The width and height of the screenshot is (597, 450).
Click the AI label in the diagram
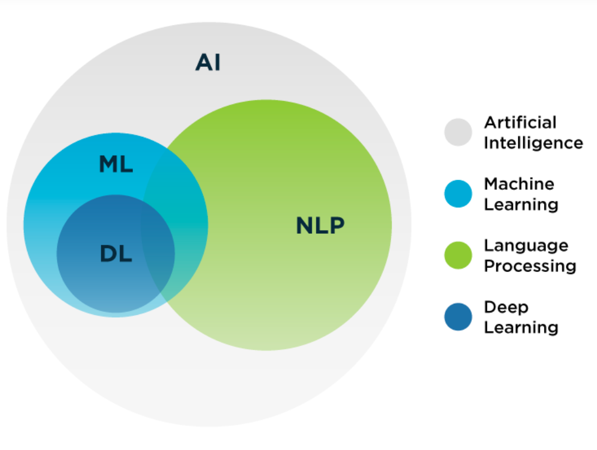[x=208, y=62]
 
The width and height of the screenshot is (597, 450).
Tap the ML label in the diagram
[x=116, y=165]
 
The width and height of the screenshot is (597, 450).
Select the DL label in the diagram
[x=116, y=254]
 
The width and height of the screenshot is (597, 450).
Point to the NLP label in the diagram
[x=320, y=225]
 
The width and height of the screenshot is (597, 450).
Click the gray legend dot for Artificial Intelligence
[x=458, y=132]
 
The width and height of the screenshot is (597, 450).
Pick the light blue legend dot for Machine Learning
[x=458, y=194]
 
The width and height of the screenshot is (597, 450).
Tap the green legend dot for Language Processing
[x=458, y=256]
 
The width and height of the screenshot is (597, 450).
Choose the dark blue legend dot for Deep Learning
[x=458, y=317]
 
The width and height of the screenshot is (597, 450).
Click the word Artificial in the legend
[x=520, y=122]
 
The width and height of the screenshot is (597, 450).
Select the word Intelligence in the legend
[x=533, y=143]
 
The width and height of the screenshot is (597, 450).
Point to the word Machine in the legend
[x=519, y=184]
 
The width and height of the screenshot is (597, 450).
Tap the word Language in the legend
[x=526, y=246]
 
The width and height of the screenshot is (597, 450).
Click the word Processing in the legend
[x=530, y=266]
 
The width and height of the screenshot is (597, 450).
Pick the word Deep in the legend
[x=506, y=307]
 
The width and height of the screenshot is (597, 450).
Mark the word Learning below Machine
[x=521, y=204]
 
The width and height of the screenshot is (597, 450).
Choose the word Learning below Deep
[x=521, y=328]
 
